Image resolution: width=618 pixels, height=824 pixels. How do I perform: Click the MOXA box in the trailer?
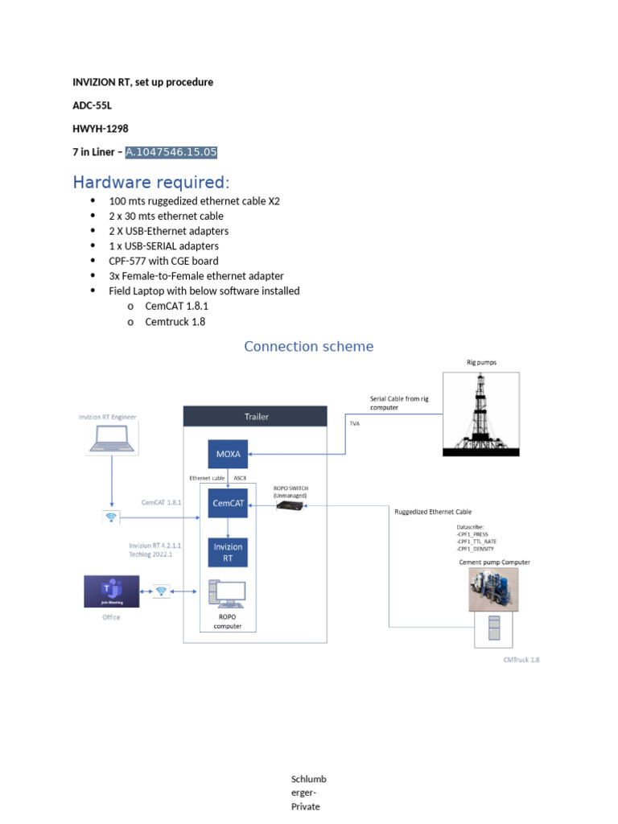click(228, 454)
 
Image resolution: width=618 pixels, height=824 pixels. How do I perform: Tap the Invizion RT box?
click(228, 553)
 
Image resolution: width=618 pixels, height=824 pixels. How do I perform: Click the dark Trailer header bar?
click(256, 416)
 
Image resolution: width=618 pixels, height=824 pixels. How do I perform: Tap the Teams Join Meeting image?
click(112, 591)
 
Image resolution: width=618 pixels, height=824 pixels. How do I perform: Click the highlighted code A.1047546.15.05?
click(171, 152)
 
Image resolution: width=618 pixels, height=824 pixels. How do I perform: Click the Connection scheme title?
click(309, 346)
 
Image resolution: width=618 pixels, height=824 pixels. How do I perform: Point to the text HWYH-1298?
click(101, 129)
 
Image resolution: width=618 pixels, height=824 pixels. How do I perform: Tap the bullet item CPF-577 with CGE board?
click(163, 261)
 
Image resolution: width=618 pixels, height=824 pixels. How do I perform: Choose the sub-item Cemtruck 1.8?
click(175, 321)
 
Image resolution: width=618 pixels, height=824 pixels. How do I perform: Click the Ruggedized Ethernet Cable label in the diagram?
click(433, 512)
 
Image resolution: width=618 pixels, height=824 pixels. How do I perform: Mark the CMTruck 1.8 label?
click(521, 659)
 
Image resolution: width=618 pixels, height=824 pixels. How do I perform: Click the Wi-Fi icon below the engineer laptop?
click(111, 517)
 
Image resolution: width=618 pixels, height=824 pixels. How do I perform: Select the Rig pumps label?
click(481, 363)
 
